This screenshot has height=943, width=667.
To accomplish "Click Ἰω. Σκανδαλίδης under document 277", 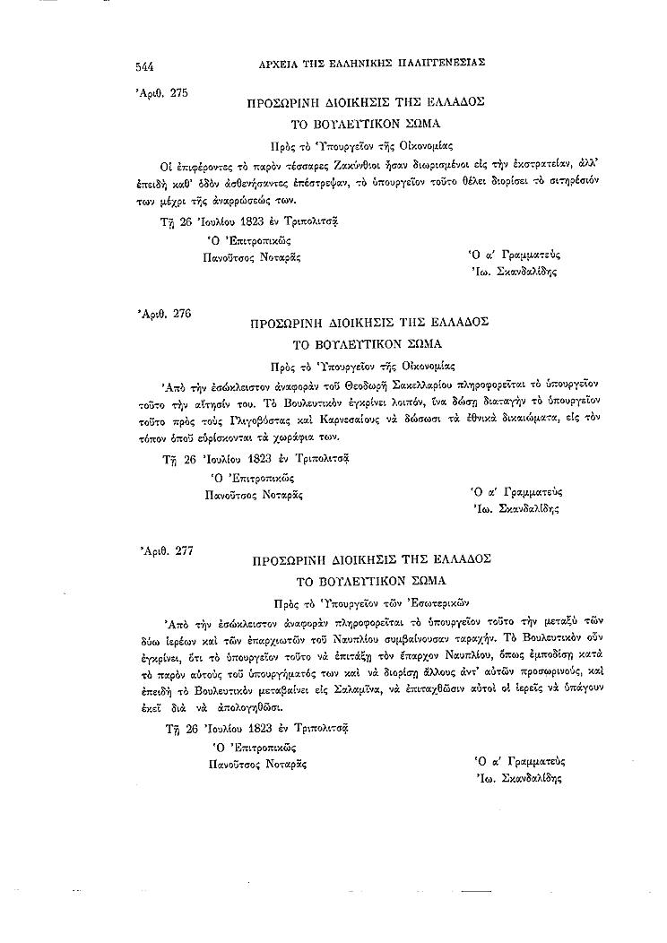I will point(517,779).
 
